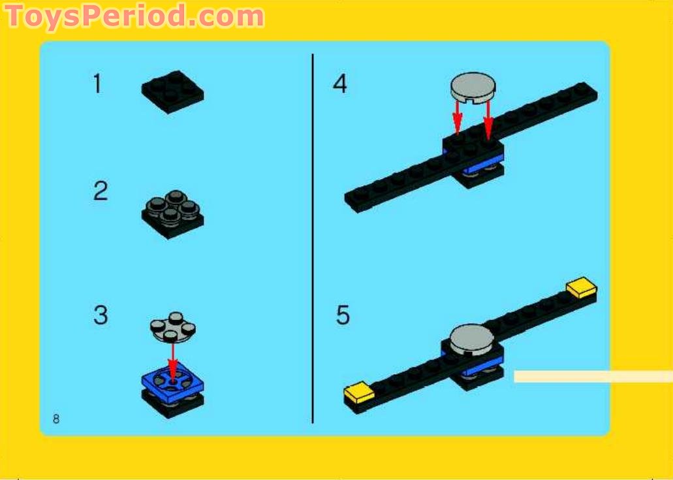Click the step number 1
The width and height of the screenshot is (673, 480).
97,84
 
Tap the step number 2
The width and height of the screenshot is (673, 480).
100,192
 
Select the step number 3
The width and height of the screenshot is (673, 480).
100,315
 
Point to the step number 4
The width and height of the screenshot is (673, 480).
340,84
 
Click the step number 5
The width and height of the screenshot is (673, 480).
343,315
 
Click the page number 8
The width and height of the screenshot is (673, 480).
56,419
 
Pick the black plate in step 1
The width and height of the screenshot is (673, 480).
172,91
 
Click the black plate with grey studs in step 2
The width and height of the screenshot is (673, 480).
172,213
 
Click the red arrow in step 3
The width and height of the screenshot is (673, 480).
173,359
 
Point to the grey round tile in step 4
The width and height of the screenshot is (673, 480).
473,88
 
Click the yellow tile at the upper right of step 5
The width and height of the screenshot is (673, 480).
582,287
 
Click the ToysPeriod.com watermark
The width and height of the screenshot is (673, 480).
135,16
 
